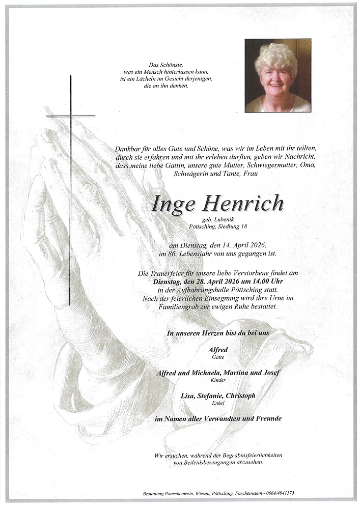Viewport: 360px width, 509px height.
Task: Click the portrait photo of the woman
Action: click(278, 75)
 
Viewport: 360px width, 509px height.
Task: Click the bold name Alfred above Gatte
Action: click(218, 350)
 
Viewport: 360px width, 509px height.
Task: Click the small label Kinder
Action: click(218, 381)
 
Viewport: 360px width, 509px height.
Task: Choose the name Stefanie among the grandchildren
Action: click(216, 395)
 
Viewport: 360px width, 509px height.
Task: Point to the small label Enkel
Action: click(218, 403)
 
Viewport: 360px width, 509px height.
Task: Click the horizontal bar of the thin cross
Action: click(70, 116)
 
